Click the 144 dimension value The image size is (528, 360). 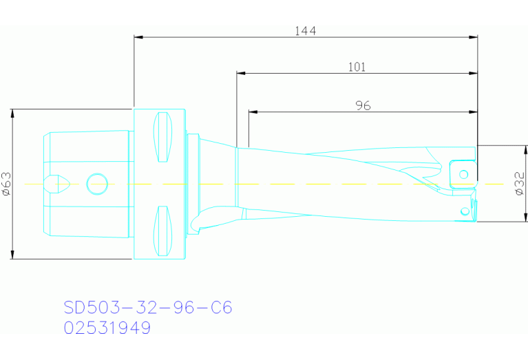click(x=306, y=30)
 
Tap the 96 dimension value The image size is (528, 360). click(x=363, y=105)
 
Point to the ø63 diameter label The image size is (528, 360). click(x=6, y=184)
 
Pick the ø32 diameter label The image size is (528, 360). click(x=520, y=184)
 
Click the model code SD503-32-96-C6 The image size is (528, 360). click(x=147, y=307)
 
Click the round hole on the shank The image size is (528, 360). click(x=97, y=184)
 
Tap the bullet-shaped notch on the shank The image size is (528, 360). click(x=55, y=184)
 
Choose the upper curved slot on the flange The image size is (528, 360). click(x=162, y=136)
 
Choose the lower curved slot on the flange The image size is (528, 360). click(x=162, y=230)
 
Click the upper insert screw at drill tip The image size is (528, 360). click(x=464, y=173)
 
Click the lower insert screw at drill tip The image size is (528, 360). click(x=465, y=211)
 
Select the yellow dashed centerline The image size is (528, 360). click(x=310, y=184)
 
